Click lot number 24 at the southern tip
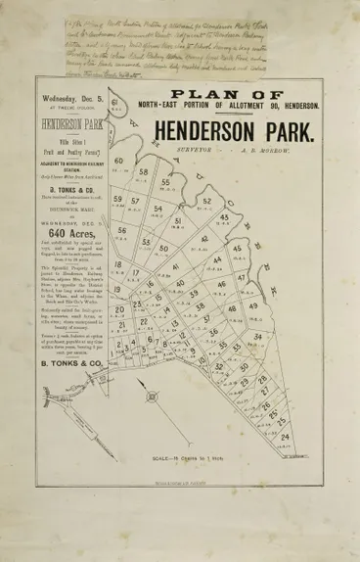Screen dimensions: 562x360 pyautogui.click(x=311, y=437)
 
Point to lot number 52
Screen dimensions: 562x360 pyautogui.click(x=206, y=202)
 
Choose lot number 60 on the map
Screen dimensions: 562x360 pyautogui.click(x=119, y=162)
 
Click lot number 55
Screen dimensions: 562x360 pyautogui.click(x=165, y=181)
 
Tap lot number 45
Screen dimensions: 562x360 pyautogui.click(x=225, y=218)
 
